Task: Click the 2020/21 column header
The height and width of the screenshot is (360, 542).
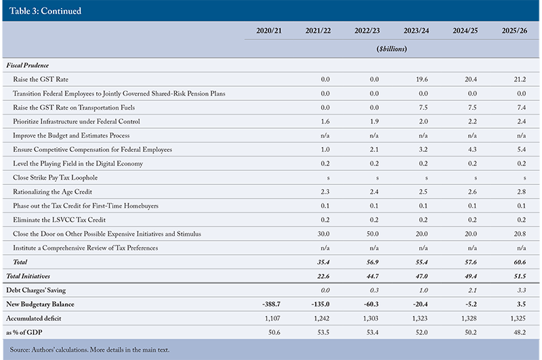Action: (x=269, y=31)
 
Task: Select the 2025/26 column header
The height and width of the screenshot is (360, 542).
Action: (x=514, y=31)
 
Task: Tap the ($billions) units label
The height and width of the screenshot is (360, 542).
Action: (x=392, y=49)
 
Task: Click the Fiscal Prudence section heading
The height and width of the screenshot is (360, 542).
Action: (x=28, y=65)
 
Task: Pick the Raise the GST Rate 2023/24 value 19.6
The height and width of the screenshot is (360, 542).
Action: (x=421, y=79)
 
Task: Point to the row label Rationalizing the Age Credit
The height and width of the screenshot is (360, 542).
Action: (x=53, y=192)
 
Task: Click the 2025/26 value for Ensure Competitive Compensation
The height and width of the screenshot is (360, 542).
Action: (x=521, y=149)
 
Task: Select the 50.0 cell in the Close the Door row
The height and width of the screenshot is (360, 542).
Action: (x=373, y=234)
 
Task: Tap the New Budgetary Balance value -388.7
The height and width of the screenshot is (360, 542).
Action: (x=272, y=304)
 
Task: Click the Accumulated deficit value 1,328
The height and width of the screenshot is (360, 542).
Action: (x=469, y=319)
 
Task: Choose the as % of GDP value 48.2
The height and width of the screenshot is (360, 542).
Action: (x=520, y=332)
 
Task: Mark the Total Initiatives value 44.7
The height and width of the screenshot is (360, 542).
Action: (x=373, y=276)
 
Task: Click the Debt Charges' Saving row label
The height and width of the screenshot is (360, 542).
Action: (x=36, y=290)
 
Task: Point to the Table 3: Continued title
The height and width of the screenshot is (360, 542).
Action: (x=45, y=11)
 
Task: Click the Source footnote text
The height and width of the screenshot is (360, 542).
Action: (x=89, y=350)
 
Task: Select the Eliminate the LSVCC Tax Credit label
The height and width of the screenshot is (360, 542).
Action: (x=59, y=220)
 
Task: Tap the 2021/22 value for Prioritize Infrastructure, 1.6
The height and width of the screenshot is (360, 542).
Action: (x=325, y=121)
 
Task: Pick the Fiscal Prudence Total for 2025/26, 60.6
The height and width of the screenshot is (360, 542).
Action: (x=520, y=262)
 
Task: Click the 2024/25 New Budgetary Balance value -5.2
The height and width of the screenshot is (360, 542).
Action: (x=471, y=304)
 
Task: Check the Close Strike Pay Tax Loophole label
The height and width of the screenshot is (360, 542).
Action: (x=56, y=178)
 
